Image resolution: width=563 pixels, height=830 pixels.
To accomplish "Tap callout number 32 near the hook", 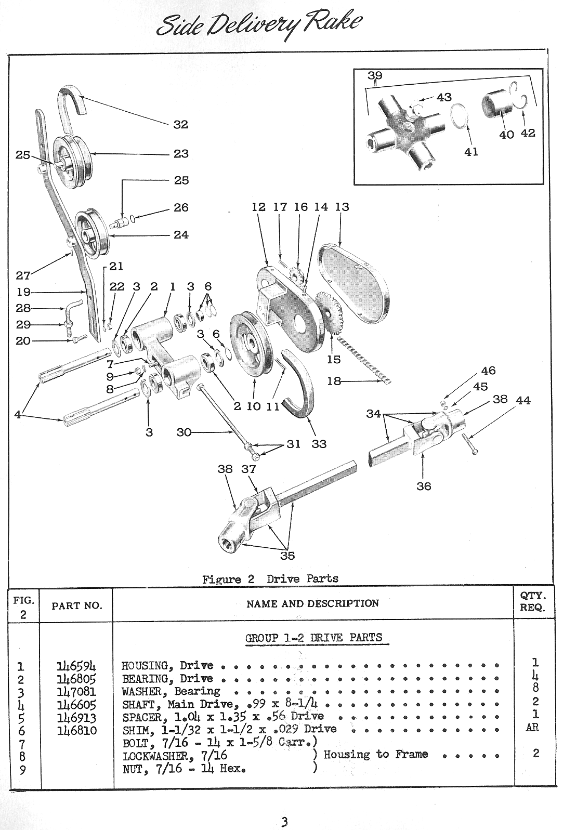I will [x=181, y=125].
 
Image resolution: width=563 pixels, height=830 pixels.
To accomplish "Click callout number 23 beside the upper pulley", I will [x=181, y=154].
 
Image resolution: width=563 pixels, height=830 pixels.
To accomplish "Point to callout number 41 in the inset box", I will [x=471, y=152].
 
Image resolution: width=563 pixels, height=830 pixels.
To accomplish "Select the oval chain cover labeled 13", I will [x=359, y=281].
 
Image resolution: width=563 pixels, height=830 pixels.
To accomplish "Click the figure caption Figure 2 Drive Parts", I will [x=270, y=579].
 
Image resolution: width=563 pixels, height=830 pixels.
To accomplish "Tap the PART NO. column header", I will [x=76, y=606].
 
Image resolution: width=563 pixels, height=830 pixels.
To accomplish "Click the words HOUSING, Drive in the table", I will [x=167, y=666].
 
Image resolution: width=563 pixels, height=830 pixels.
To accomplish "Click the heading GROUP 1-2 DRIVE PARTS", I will [x=313, y=638].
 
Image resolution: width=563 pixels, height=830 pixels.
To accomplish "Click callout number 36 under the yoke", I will [x=424, y=486].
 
